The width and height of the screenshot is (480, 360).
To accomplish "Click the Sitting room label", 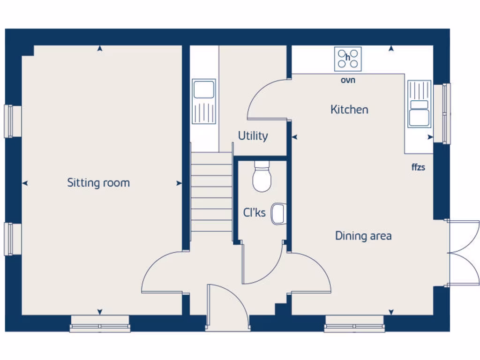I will coord(98,182).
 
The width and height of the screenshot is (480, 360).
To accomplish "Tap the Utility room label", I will coord(253,136).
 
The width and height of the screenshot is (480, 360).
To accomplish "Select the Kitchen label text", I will coord(349,110).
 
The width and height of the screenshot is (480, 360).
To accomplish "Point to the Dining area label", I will coord(363,236).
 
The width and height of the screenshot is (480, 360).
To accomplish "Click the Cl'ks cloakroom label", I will coord(254,213).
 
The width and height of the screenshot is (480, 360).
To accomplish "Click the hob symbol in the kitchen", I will coord(348,59).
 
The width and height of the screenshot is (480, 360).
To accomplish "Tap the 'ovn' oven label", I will coord(348,80).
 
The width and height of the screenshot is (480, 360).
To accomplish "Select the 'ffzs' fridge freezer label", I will coord(418,167).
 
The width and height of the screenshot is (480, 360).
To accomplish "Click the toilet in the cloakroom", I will coord(262,177).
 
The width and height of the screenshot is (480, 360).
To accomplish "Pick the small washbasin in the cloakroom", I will coord(278,213).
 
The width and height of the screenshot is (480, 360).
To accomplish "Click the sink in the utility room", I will coord(204,101).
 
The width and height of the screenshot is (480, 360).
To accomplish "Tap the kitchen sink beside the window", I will coord(419,104).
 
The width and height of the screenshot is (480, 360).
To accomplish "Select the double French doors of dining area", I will coord(463,253).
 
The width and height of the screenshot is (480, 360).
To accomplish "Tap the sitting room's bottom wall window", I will coord(100,324).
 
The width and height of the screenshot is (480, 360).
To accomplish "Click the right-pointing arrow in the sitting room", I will coord(179,183).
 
